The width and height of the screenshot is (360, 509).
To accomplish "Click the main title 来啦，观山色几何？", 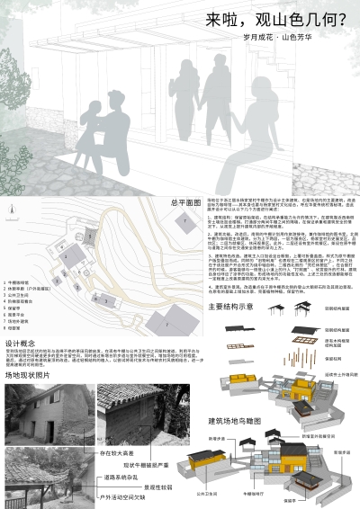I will (x=271, y=19).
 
